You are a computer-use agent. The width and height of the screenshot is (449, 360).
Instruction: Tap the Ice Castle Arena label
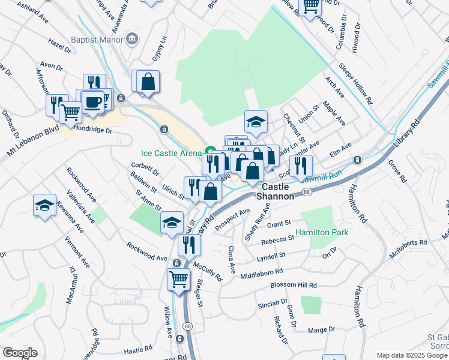(172, 153)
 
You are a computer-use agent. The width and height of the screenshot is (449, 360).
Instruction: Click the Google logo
(20, 353)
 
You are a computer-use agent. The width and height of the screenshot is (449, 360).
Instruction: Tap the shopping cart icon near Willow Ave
(179, 278)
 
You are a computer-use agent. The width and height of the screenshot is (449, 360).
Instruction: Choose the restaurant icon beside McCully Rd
(190, 244)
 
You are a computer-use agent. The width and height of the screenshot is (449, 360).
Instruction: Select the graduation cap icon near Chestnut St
(256, 122)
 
